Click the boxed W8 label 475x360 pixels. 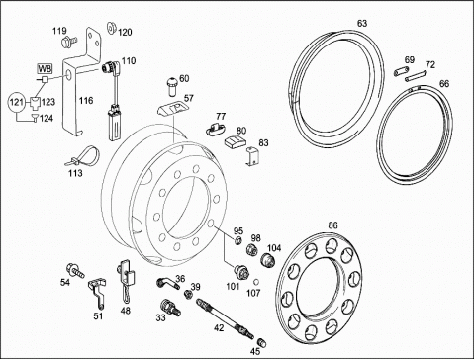point(45,69)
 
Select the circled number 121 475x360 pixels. point(17,102)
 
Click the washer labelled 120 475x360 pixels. point(111,28)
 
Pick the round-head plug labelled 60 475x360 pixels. point(172,86)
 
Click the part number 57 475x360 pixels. point(189,98)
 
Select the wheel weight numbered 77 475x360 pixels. point(216,129)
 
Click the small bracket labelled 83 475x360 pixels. point(252,156)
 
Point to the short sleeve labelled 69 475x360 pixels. point(402,71)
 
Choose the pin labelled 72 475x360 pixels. point(416,76)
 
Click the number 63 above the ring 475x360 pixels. point(362,24)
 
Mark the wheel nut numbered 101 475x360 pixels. point(241,272)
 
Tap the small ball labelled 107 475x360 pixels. point(255,282)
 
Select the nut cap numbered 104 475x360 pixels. point(268,260)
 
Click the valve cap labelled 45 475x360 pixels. point(261,342)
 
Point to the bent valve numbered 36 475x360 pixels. point(167,283)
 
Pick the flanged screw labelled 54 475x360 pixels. point(76,270)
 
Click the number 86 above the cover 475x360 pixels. point(332,225)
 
